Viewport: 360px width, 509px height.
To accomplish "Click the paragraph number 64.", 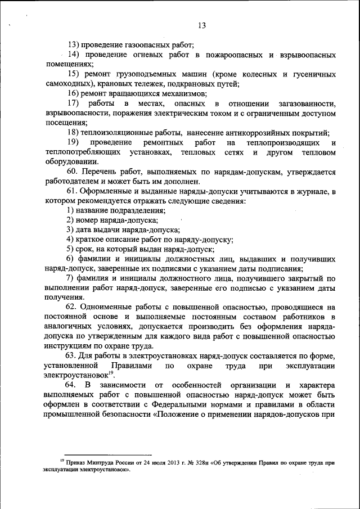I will tap(70, 385).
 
